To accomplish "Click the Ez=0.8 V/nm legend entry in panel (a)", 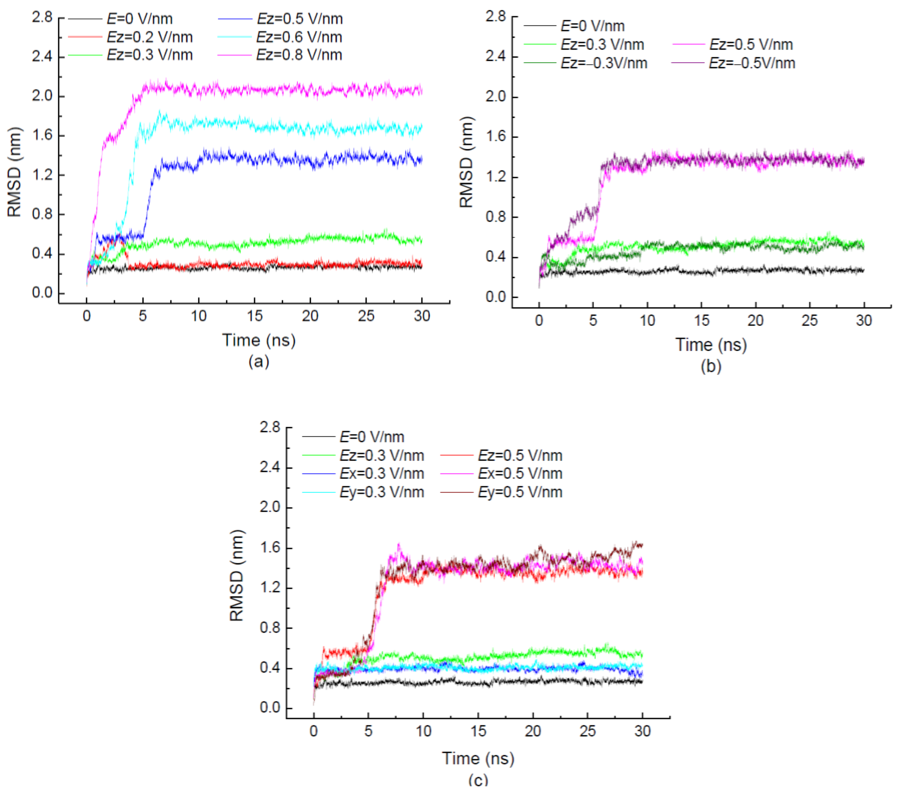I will (x=299, y=55).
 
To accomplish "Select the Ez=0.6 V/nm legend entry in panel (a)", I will (x=299, y=37).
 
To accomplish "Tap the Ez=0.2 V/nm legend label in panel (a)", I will (x=150, y=37).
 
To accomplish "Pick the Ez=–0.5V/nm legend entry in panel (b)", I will (x=752, y=63).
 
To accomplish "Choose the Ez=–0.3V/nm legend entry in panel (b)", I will (x=603, y=63).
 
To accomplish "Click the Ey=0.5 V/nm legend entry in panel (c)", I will (x=520, y=492).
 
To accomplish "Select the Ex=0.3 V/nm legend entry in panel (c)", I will (x=381, y=473).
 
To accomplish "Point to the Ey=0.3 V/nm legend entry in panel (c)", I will (x=381, y=492).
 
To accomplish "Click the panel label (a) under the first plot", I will (x=258, y=361).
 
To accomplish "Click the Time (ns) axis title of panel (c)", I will (x=478, y=758).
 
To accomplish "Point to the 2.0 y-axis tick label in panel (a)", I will (x=42, y=96).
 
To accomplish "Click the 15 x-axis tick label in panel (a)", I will (x=255, y=316).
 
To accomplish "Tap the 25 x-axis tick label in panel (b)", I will (x=809, y=321).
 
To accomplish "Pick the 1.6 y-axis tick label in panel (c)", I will (x=270, y=548).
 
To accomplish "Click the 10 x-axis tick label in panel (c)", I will (x=423, y=731).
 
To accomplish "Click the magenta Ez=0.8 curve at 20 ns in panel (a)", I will (x=310, y=91).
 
